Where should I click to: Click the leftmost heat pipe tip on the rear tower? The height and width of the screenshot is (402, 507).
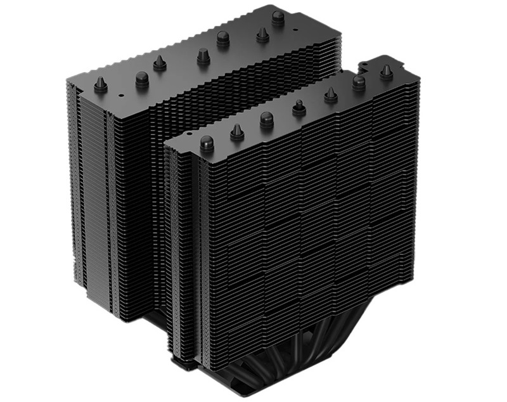(100, 85)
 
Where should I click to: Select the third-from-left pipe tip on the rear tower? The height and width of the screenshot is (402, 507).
(160, 63)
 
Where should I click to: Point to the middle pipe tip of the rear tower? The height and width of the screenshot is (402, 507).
(203, 56)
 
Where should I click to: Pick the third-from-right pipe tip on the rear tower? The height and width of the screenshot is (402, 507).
(223, 39)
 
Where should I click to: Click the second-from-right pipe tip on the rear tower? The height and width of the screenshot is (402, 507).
(262, 34)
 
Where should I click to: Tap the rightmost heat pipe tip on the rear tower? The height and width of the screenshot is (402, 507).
(278, 17)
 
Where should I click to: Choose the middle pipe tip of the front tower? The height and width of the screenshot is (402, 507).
(299, 108)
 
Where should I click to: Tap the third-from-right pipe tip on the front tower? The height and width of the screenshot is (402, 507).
(330, 95)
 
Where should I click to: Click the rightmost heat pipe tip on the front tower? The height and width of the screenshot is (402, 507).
(386, 72)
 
